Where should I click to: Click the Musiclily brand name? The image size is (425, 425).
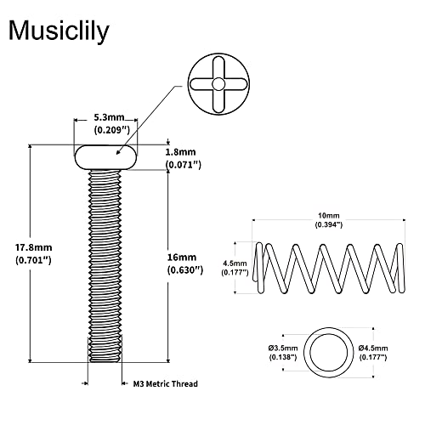pos(59,31)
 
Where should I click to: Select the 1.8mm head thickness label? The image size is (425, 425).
pos(183,151)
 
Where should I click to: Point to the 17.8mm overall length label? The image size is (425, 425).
pos(34,247)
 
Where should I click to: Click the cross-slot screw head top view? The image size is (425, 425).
pos(218,84)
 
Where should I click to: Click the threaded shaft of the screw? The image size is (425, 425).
pos(105,263)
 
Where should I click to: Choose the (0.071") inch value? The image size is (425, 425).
pos(183,164)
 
